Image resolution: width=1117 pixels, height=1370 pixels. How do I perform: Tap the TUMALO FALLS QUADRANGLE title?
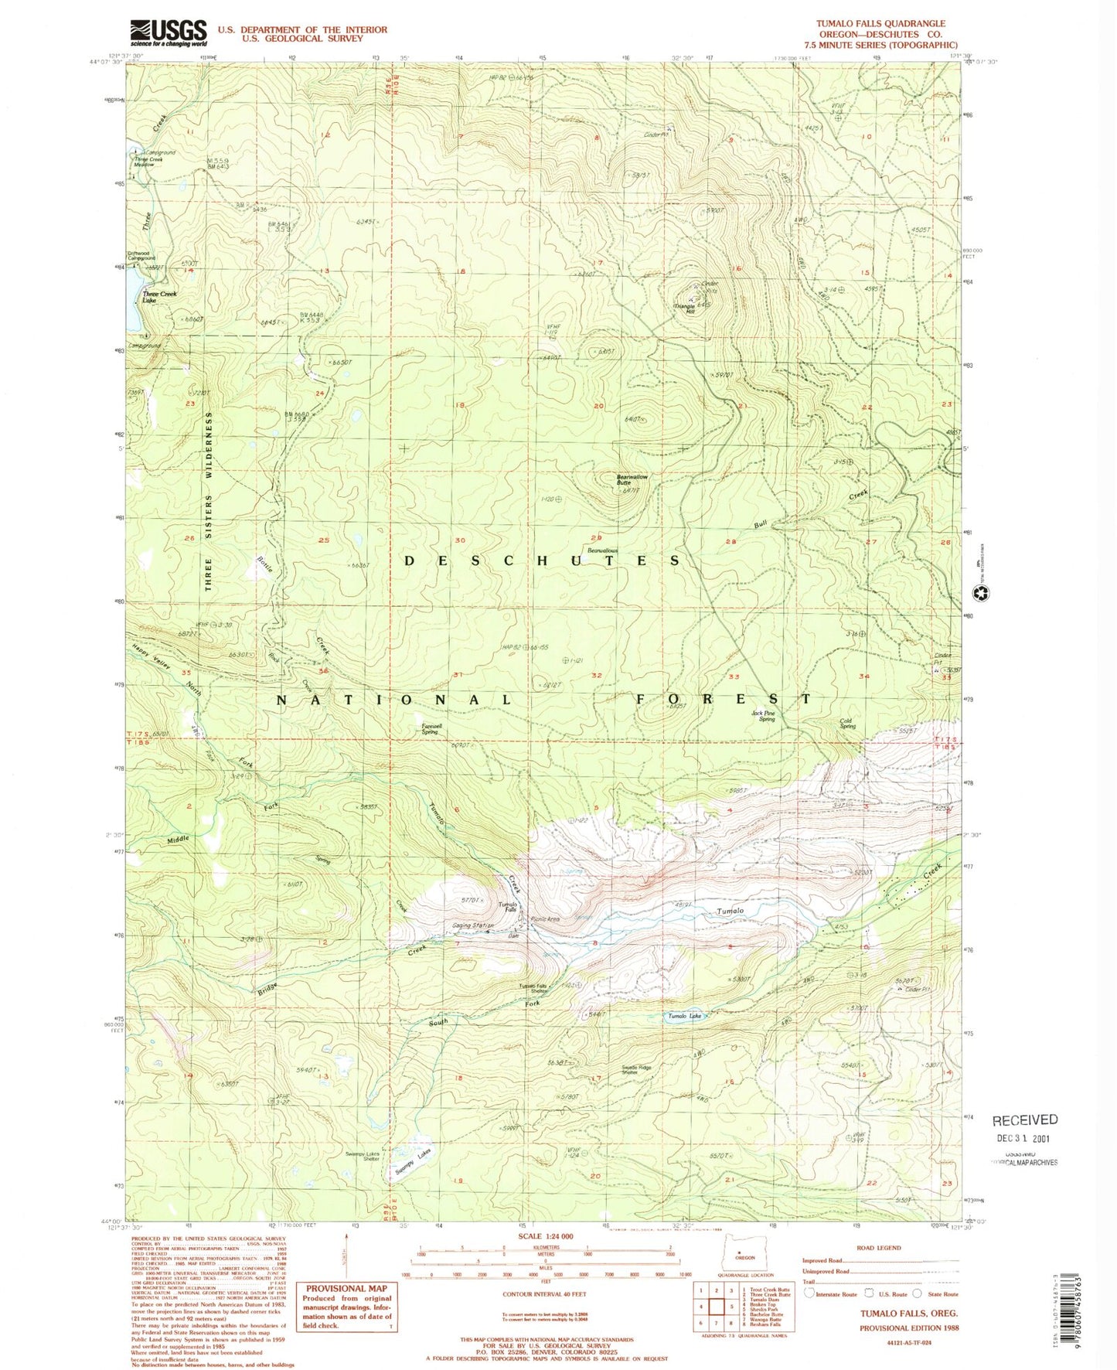pos(880,24)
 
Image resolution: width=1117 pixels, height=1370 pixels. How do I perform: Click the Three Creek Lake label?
pos(159,297)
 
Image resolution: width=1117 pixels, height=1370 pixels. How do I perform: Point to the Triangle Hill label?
pos(685,307)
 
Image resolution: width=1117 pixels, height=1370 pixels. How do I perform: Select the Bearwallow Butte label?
pos(632,479)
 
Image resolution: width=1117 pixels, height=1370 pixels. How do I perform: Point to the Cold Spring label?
pos(847,724)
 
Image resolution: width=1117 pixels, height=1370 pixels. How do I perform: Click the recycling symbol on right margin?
pos(981,594)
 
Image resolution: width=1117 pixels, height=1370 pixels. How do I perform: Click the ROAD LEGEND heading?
pos(879,1248)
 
